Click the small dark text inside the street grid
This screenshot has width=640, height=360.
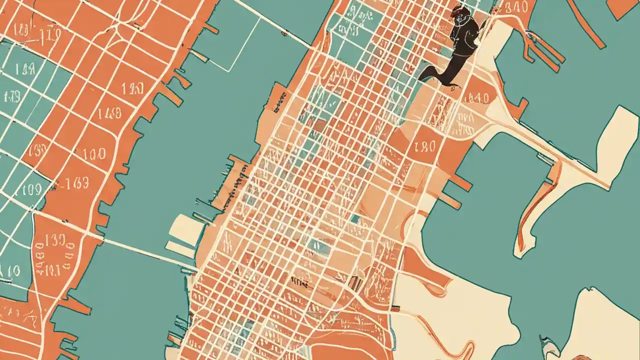coord(299,283)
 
